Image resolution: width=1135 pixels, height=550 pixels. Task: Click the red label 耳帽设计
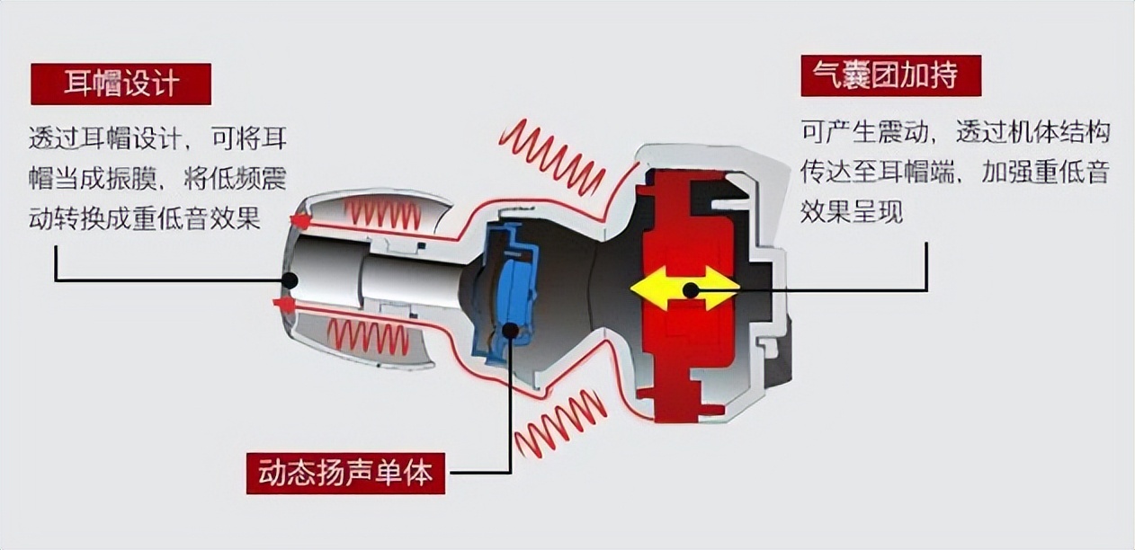click(x=121, y=84)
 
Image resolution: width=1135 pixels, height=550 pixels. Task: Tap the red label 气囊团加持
click(x=890, y=75)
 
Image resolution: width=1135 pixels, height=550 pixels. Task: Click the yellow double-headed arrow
click(x=684, y=289)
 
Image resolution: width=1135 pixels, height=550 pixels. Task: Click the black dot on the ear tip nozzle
click(x=290, y=280)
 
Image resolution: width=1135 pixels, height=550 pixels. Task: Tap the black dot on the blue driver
click(x=510, y=330)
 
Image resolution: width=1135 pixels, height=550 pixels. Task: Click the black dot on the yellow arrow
click(x=691, y=289)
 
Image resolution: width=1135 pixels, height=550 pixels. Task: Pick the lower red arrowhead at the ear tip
click(x=285, y=306)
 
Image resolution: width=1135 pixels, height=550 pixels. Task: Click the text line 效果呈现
click(x=851, y=213)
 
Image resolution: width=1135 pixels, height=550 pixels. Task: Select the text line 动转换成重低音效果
click(x=145, y=217)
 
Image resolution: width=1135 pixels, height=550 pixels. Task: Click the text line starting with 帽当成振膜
click(x=157, y=178)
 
